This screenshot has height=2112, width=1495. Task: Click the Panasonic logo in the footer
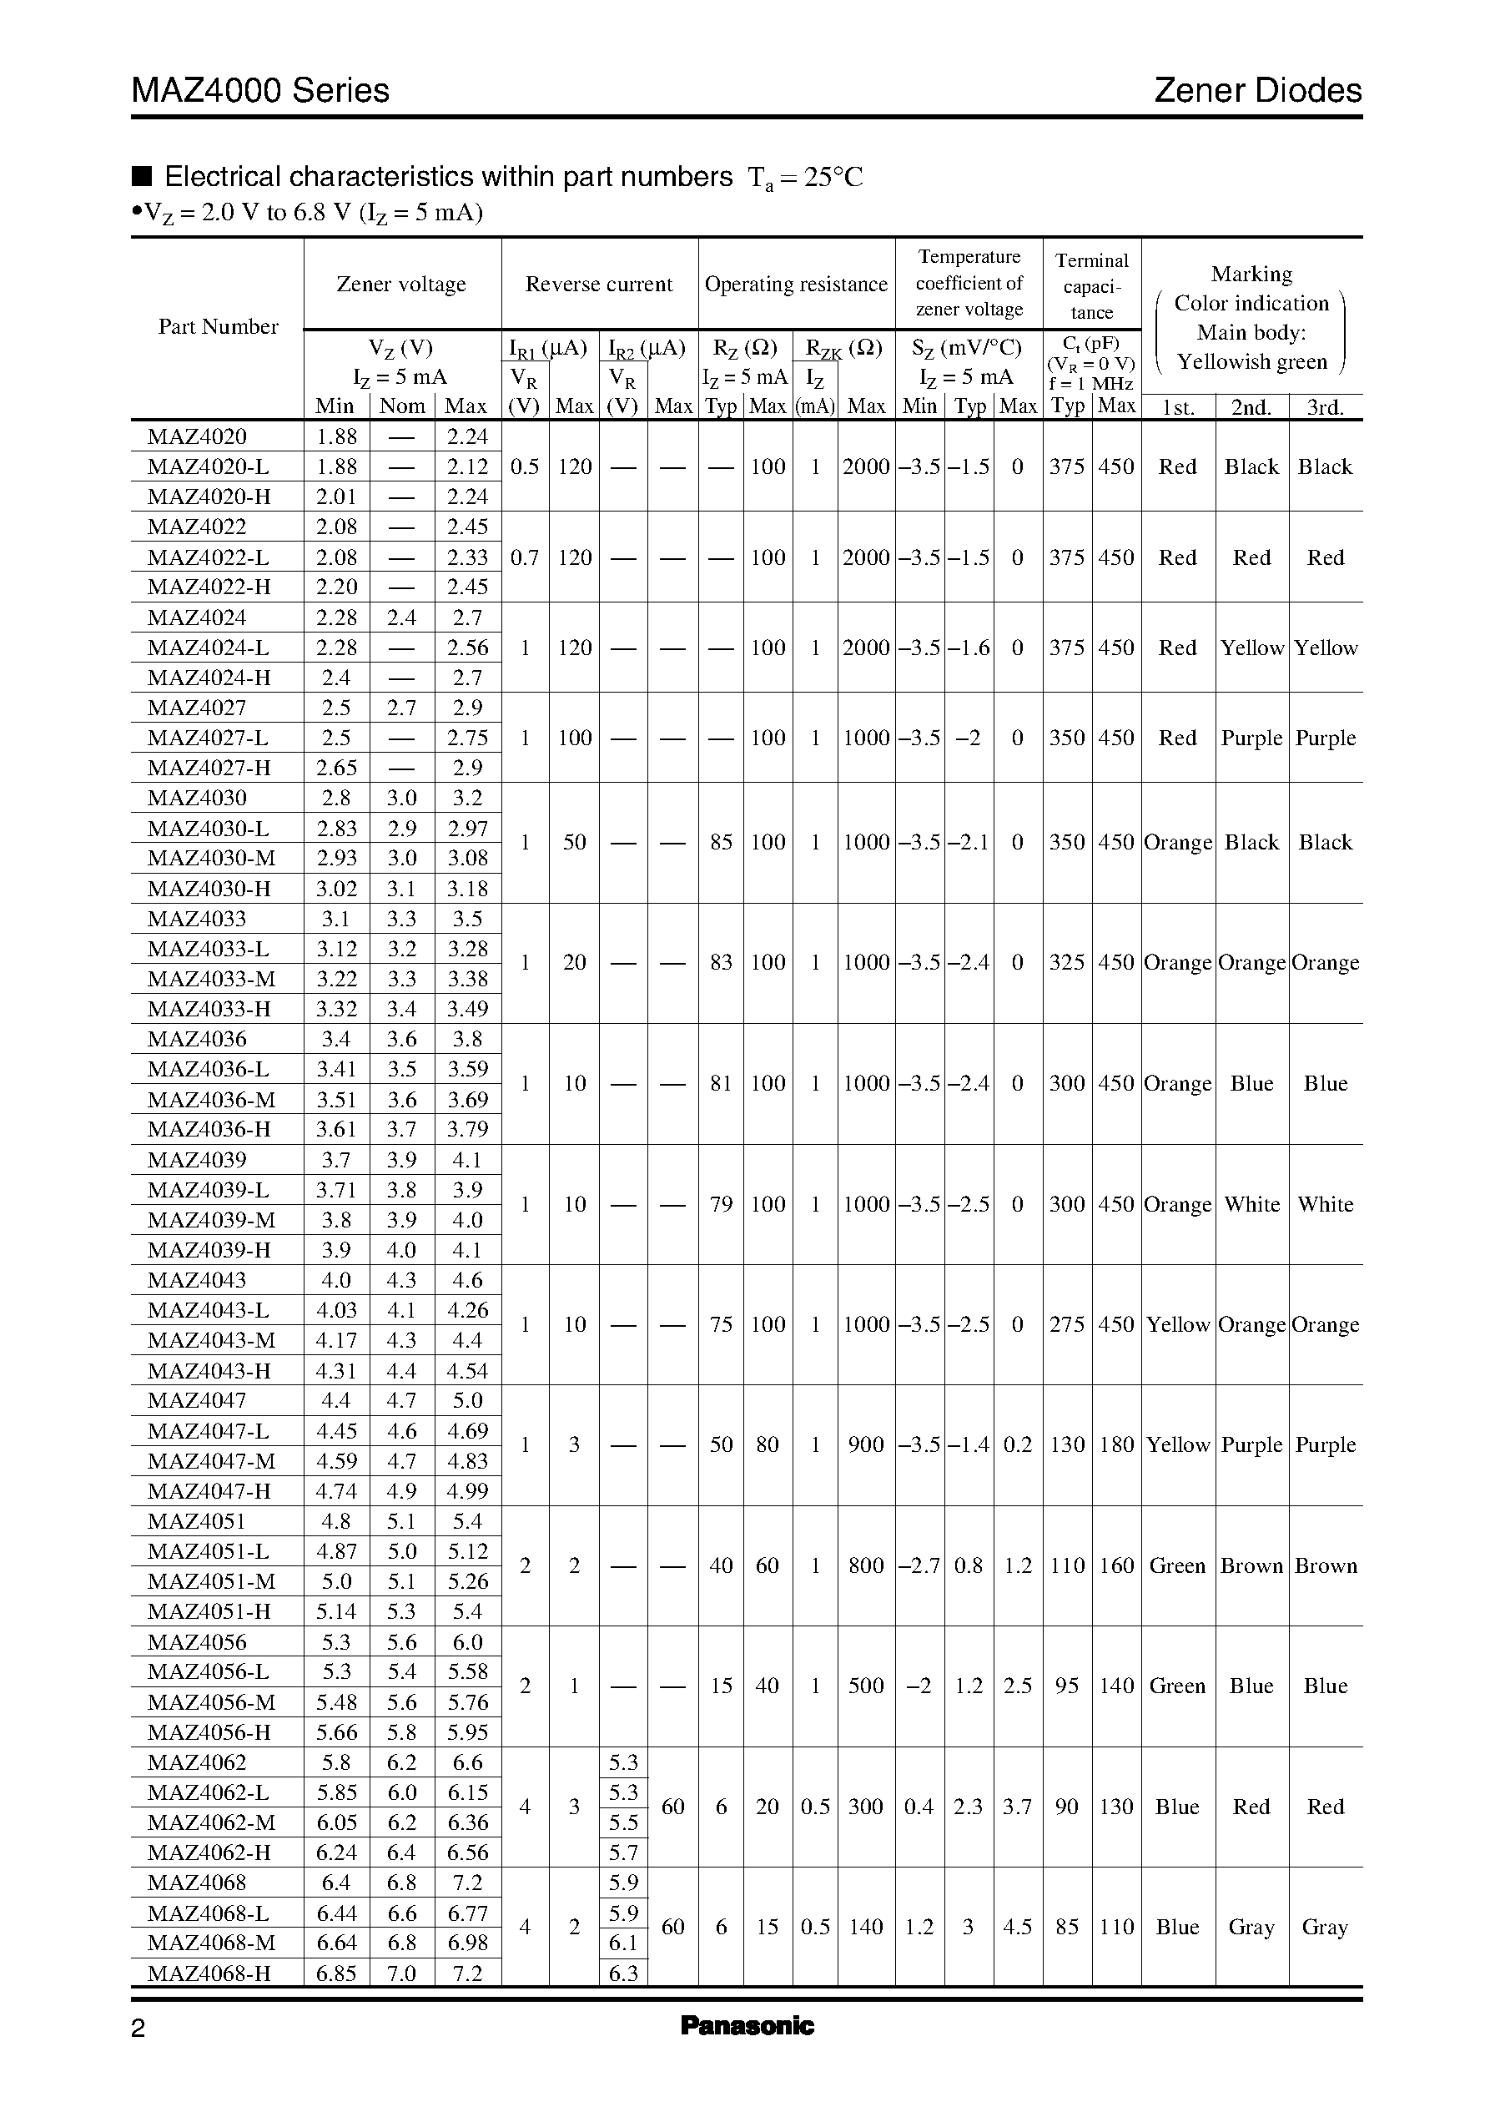pyautogui.click(x=747, y=2025)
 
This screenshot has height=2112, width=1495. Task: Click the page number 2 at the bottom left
pyautogui.click(x=138, y=2029)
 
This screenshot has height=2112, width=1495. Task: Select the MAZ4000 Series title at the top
pyautogui.click(x=260, y=90)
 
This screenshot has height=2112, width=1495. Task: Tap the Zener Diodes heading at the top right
pyautogui.click(x=1256, y=90)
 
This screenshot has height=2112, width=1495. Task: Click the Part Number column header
pyautogui.click(x=219, y=327)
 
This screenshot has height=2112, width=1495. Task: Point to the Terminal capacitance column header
pyautogui.click(x=1092, y=285)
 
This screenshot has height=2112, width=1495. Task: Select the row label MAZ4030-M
pyautogui.click(x=211, y=858)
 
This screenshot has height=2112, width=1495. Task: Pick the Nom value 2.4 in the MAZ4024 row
pyautogui.click(x=401, y=617)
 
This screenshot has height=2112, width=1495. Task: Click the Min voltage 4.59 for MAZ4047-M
pyautogui.click(x=336, y=1461)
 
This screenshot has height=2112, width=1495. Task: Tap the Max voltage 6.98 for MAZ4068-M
pyautogui.click(x=466, y=1943)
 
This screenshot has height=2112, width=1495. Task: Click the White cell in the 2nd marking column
pyautogui.click(x=1251, y=1204)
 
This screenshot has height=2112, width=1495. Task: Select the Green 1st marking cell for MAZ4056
pyautogui.click(x=1177, y=1686)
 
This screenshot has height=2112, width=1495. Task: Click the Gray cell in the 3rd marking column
pyautogui.click(x=1325, y=1927)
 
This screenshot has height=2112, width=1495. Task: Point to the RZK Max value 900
pyautogui.click(x=865, y=1444)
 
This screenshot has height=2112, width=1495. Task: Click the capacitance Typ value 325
pyautogui.click(x=1067, y=962)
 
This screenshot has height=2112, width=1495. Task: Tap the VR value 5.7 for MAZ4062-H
pyautogui.click(x=623, y=1852)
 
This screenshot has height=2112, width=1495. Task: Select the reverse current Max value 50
pyautogui.click(x=575, y=843)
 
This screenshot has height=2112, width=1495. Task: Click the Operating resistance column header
pyautogui.click(x=795, y=285)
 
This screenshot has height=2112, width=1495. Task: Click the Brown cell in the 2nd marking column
pyautogui.click(x=1251, y=1565)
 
